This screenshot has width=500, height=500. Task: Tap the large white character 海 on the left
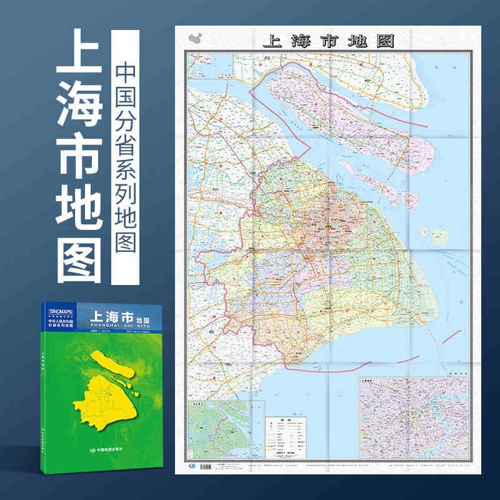coord(79,111)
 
